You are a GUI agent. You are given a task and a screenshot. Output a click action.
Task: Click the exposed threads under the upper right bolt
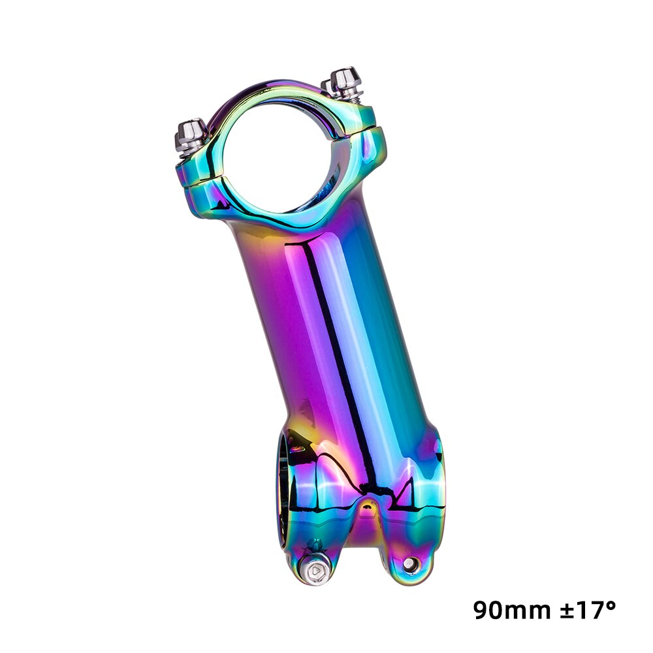(x=354, y=97)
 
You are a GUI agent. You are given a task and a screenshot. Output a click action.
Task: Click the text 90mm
(x=510, y=611)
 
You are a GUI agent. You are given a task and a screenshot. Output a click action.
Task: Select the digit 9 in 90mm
(x=483, y=611)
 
